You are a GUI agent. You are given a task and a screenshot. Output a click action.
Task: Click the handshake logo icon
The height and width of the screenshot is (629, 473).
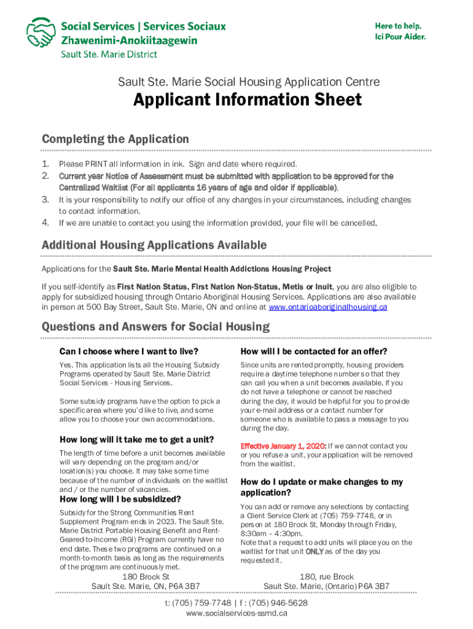pos(41,33)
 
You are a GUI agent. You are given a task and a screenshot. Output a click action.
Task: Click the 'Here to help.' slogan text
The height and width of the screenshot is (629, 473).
pos(398,26)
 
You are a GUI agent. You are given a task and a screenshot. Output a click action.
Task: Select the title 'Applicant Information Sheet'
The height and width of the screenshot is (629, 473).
pos(248,100)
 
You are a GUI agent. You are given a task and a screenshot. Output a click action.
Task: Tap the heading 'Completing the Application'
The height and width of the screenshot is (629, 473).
pos(115,139)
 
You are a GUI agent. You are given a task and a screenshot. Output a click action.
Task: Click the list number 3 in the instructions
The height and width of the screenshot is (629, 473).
pos(45,200)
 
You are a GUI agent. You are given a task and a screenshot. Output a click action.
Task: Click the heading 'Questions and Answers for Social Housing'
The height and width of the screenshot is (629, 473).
pos(155,326)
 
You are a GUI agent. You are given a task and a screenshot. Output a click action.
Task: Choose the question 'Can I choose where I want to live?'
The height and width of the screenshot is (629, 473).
pos(128,351)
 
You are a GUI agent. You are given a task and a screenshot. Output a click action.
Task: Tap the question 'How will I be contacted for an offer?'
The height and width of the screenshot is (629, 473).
pos(314,351)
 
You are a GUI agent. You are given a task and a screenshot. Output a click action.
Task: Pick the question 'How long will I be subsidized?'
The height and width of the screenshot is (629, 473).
pos(120,499)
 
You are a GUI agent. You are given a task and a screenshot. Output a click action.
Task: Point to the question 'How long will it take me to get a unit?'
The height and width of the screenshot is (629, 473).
pos(136,439)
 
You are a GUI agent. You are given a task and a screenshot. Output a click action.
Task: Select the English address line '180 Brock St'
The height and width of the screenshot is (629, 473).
pos(146,577)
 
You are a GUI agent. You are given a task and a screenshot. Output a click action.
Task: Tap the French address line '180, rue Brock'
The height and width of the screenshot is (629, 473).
pos(326,577)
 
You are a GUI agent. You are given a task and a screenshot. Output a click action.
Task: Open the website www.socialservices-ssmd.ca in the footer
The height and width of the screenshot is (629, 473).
pos(237,613)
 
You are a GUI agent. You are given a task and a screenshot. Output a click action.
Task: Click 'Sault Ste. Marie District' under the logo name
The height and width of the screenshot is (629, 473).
pos(108,54)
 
